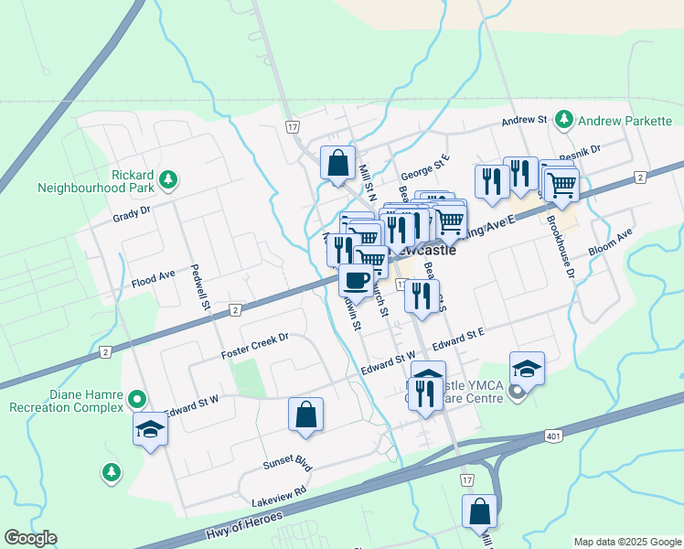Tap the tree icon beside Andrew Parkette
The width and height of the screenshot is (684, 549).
pyautogui.click(x=565, y=120)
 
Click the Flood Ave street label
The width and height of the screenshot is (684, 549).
pyautogui.click(x=153, y=274)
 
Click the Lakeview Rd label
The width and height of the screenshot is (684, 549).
pyautogui.click(x=279, y=502)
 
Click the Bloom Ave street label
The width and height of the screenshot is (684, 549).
pyautogui.click(x=611, y=242)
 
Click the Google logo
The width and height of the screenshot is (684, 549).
pyautogui.click(x=30, y=538)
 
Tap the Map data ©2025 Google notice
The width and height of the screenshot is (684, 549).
pyautogui.click(x=626, y=542)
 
